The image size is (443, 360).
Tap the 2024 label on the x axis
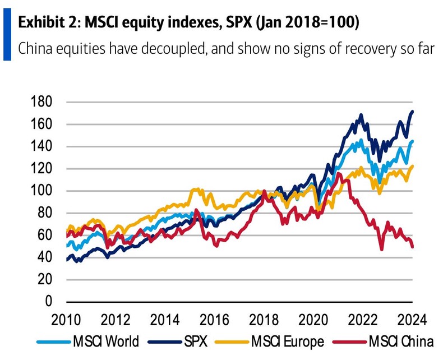click(412, 321)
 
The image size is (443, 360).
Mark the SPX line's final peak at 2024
click(413, 112)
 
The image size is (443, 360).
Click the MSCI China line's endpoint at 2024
click(413, 246)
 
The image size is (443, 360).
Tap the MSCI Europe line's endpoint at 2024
click(413, 166)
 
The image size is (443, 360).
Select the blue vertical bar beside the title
click(7, 35)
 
